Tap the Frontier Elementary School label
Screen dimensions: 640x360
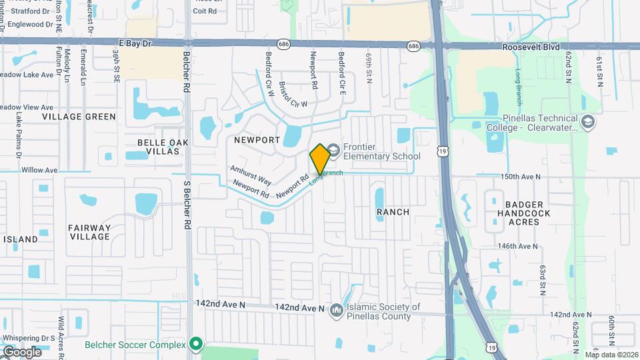382,151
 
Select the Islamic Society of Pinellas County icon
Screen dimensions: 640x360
337,311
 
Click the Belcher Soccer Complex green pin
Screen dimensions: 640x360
195,344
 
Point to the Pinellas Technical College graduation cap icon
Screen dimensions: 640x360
588,122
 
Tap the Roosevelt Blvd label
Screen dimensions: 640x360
531,47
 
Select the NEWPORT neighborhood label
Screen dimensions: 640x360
257,140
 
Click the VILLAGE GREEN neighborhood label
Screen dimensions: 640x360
79,117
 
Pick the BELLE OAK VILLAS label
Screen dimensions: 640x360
159,147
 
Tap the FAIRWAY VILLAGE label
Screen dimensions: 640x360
89,232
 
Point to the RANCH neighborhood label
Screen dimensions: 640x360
393,212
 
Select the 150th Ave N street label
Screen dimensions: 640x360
519,177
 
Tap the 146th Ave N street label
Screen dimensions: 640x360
517,246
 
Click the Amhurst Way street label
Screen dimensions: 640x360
251,175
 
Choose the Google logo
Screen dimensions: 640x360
22,351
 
